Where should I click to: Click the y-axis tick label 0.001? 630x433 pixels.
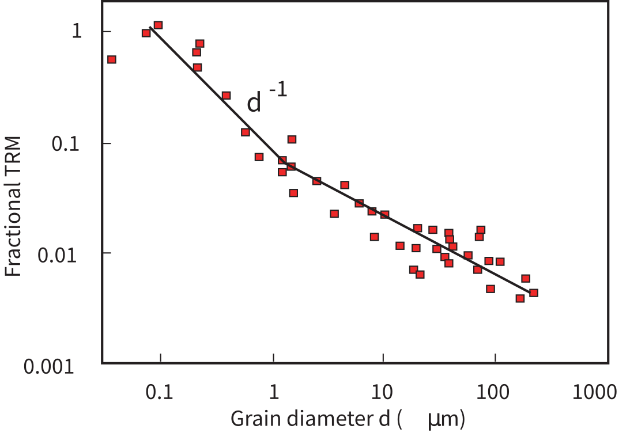[50, 366]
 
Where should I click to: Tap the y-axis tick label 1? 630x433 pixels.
[76, 32]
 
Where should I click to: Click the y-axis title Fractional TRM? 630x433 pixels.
[14, 206]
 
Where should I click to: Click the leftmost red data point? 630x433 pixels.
[112, 59]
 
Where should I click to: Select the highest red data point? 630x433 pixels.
[158, 25]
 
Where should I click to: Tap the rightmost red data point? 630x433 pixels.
[534, 293]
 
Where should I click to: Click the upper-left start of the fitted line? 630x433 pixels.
[150, 28]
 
